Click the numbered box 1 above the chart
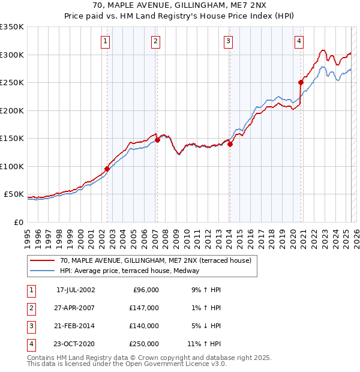tap(106, 41)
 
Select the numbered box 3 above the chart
tap(229, 41)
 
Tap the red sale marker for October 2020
tap(301, 82)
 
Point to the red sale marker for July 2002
tap(107, 169)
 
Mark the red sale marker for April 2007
tap(157, 140)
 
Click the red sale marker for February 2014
tap(230, 144)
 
